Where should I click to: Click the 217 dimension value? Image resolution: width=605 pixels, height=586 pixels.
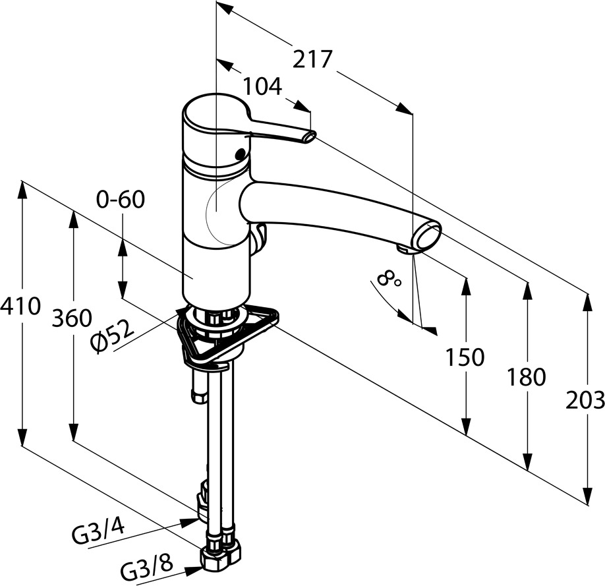312,59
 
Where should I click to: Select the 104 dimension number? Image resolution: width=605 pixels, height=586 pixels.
263,86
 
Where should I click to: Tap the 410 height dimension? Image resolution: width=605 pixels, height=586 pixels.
20,306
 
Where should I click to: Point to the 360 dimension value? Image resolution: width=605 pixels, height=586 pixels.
72,318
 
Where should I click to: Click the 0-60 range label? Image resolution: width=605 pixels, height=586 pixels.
121,200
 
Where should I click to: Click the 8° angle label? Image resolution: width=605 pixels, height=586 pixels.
389,279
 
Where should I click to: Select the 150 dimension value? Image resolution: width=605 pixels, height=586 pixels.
465,357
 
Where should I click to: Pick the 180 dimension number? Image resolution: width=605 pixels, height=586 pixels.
527,377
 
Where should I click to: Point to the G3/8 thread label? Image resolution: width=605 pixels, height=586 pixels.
146,568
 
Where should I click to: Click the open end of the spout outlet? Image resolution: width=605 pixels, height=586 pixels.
427,236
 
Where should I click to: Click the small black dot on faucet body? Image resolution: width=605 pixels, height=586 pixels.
240,154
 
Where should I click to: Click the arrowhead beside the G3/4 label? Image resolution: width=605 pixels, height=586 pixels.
190,522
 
